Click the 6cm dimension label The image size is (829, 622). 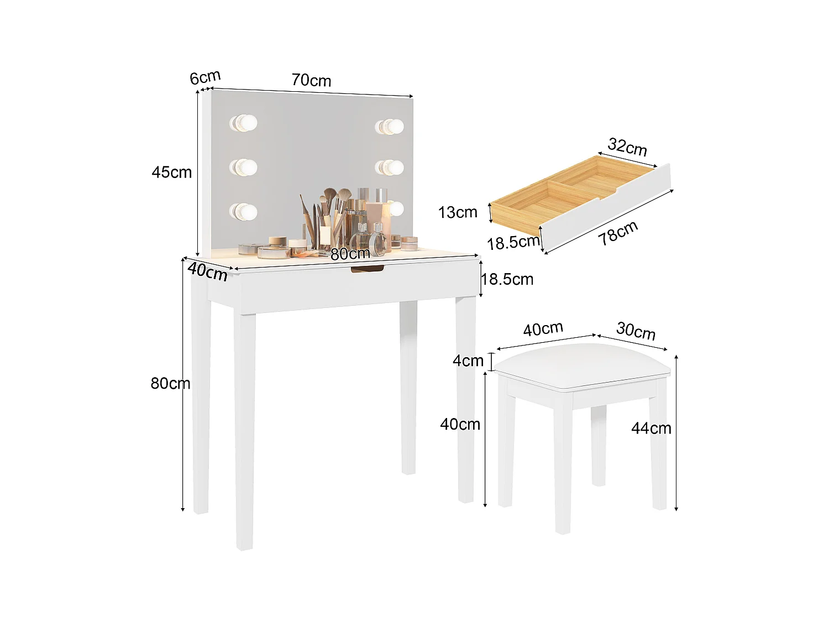point(205,77)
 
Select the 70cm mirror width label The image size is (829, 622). point(311,80)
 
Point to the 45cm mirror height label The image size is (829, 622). point(171,172)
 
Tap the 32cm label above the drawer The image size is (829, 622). point(627,147)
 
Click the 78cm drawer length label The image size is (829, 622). point(618,232)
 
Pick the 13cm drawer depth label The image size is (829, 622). point(458,212)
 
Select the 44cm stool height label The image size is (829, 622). point(651,428)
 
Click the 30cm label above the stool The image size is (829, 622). point(636,331)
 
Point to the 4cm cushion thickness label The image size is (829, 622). point(468,361)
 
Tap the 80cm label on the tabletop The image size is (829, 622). point(350,254)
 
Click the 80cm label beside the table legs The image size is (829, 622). point(170,383)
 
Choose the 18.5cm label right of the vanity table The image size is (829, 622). point(507,279)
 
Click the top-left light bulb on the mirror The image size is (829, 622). point(244,123)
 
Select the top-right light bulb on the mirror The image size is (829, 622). point(389,127)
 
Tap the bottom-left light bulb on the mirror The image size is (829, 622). point(244,211)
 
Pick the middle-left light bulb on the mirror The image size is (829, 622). point(244,166)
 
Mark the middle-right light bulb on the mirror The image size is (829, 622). point(390,166)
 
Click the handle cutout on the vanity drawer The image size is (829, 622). point(367,269)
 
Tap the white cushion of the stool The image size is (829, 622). point(583,365)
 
